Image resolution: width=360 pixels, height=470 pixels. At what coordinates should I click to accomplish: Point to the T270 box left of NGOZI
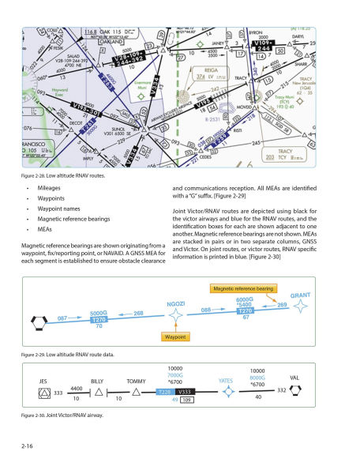(x=99, y=318)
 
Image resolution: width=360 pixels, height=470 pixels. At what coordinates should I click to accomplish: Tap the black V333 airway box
(x=186, y=392)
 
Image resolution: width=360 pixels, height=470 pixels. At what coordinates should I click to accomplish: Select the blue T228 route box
(x=165, y=392)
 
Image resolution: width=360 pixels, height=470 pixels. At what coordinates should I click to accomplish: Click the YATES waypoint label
(x=227, y=380)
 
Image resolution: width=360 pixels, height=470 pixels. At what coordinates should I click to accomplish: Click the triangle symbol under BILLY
(x=98, y=392)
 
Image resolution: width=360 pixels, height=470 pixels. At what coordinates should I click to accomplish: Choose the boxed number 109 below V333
(x=187, y=400)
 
